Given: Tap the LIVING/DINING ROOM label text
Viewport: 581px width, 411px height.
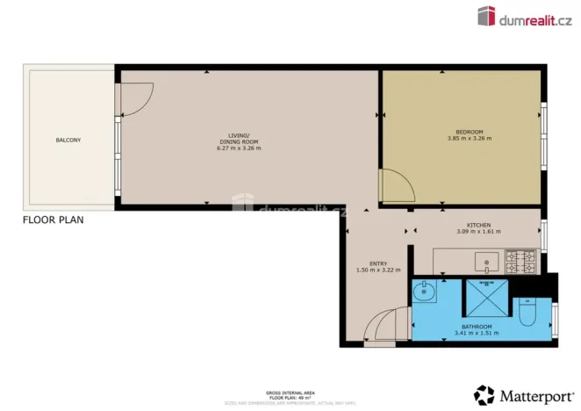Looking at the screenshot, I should pyautogui.click(x=239, y=138).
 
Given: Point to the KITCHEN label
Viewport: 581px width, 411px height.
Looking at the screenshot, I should pyautogui.click(x=478, y=225).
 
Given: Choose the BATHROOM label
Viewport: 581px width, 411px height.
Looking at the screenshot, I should pyautogui.click(x=477, y=326).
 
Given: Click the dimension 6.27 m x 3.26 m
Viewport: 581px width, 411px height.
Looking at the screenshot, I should pyautogui.click(x=239, y=148).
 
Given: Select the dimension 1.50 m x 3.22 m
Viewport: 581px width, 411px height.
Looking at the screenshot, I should pyautogui.click(x=377, y=270).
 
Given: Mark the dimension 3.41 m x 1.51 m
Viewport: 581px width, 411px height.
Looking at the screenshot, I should pyautogui.click(x=477, y=333).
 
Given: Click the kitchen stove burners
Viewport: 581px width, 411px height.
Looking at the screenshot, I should pyautogui.click(x=519, y=260).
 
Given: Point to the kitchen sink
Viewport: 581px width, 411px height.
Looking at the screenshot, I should pyautogui.click(x=486, y=260).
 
